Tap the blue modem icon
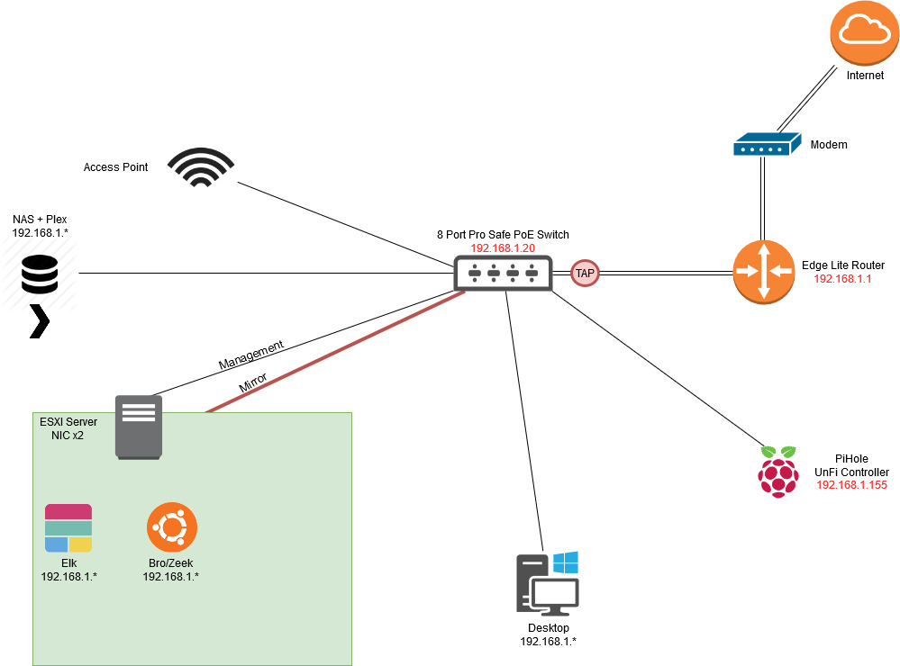point(765,144)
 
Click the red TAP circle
point(585,273)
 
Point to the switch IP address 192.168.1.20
point(503,247)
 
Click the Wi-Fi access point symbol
point(202,167)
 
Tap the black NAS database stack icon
point(40,274)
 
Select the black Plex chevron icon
point(39,321)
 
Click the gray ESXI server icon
point(139,426)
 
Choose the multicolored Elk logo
point(68,528)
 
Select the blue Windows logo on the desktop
point(565,563)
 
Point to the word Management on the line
point(251,355)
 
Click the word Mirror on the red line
point(252,382)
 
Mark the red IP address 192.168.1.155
point(851,485)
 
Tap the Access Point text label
point(115,167)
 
